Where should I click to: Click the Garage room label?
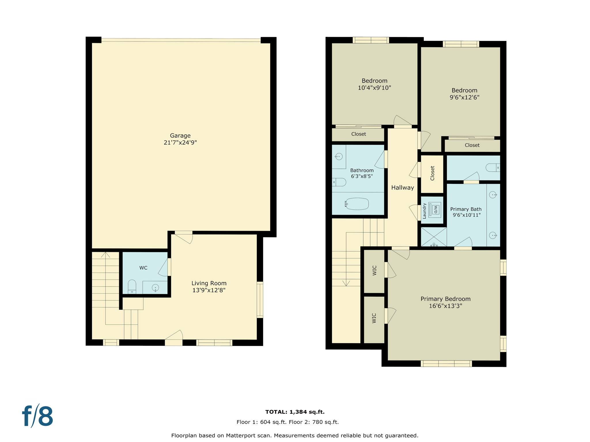point(180,136)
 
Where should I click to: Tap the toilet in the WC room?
point(132,287)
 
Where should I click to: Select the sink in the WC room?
point(155,287)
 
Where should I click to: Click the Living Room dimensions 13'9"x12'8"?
point(209,290)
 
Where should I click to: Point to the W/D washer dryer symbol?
point(434,209)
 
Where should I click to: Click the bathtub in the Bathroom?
point(357,204)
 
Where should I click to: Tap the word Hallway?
point(402,188)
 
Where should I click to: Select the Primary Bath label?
point(466,209)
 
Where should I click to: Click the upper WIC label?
point(375,270)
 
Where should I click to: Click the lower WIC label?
point(374,318)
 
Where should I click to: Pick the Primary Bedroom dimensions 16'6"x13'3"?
point(445,306)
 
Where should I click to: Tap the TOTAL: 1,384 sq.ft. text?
point(295,412)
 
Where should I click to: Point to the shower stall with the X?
point(434,237)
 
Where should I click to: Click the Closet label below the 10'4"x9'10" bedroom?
point(358,134)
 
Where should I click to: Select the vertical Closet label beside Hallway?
point(432,173)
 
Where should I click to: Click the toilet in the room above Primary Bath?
point(493,167)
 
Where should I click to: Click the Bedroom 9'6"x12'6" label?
point(464,90)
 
